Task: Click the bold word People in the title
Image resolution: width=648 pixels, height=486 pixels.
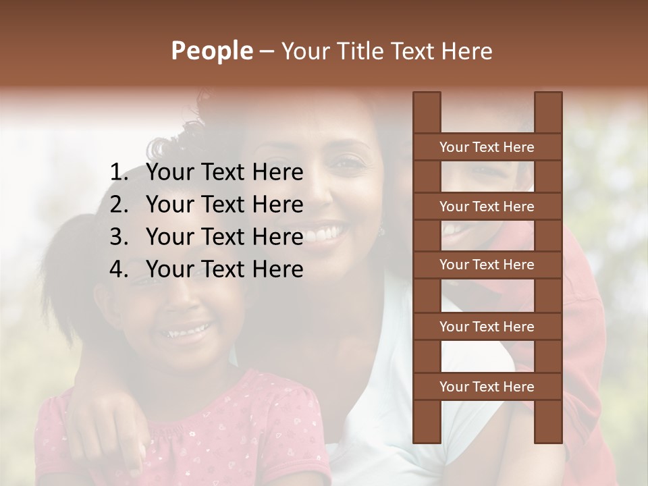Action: tap(211, 51)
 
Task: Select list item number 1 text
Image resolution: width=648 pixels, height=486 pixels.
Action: tap(224, 173)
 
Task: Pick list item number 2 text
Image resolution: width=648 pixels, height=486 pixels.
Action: tap(224, 205)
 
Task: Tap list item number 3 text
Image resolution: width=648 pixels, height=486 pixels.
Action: tap(224, 237)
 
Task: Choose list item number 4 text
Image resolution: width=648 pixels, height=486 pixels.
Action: tap(224, 269)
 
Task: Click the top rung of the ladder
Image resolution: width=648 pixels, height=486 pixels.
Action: tap(487, 147)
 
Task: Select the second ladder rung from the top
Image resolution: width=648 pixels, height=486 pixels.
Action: tap(487, 207)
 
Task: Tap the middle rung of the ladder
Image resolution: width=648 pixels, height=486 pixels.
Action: tap(487, 265)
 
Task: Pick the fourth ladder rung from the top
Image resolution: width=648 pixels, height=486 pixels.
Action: tap(487, 327)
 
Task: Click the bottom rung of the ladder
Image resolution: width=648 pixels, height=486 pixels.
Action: tap(487, 387)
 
